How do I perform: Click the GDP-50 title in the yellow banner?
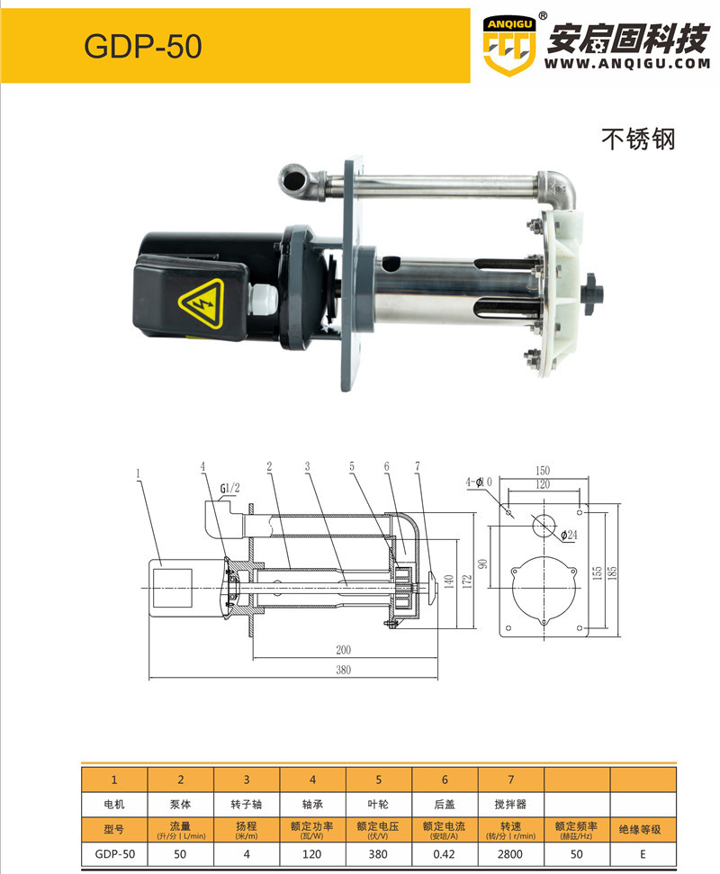pyautogui.click(x=143, y=46)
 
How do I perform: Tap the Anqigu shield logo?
pyautogui.click(x=509, y=47)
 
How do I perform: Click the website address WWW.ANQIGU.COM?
pyautogui.click(x=627, y=64)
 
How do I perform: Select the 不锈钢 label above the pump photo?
pyautogui.click(x=638, y=139)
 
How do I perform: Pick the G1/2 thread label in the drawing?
pyautogui.click(x=229, y=489)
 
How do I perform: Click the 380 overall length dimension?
pyautogui.click(x=343, y=670)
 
